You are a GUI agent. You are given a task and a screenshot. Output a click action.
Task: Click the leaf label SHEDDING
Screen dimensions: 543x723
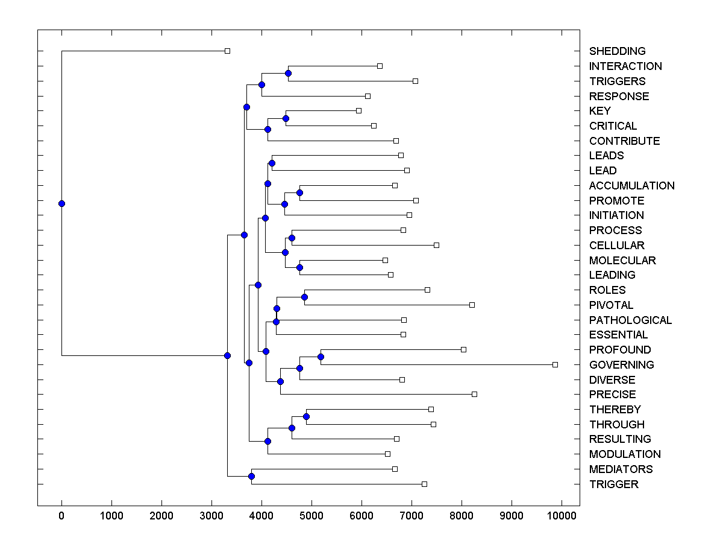(617, 51)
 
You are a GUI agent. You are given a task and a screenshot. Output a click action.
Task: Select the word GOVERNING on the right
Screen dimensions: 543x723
(621, 364)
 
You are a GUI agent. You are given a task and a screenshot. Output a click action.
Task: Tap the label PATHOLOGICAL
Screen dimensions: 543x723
(630, 320)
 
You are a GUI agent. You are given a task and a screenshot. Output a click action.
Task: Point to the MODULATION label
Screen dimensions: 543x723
(625, 454)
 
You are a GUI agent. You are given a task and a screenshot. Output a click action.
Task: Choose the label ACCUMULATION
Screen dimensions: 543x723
(631, 186)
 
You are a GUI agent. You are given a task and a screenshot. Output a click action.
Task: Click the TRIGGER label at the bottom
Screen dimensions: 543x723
(613, 484)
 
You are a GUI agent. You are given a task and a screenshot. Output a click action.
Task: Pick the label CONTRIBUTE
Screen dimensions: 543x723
(624, 141)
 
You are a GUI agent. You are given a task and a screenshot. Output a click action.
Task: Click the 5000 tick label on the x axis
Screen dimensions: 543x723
(311, 515)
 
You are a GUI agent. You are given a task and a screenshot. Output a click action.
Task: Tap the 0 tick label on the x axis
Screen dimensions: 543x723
(61, 515)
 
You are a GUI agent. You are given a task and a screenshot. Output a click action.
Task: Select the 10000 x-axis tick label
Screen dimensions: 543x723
(562, 515)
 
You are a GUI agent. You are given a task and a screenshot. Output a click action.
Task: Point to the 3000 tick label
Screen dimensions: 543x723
(211, 515)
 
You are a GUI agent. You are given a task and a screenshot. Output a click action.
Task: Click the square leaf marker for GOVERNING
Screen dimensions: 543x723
(555, 364)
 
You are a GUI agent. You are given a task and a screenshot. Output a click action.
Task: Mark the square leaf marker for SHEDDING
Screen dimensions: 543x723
(227, 51)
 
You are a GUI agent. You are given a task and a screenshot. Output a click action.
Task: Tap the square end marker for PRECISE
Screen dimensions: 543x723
(474, 394)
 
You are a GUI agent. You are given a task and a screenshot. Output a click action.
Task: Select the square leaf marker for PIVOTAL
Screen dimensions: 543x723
(472, 305)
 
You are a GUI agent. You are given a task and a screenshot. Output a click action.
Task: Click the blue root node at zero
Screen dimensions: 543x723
(61, 203)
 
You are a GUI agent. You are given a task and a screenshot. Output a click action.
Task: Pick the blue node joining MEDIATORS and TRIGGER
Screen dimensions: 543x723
(251, 477)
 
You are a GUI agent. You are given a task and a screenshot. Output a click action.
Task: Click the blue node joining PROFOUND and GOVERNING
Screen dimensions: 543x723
(321, 357)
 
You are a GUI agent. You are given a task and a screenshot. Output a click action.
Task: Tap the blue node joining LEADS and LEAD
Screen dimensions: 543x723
(272, 163)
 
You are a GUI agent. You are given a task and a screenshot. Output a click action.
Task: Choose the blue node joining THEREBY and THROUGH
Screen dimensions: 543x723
(306, 416)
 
